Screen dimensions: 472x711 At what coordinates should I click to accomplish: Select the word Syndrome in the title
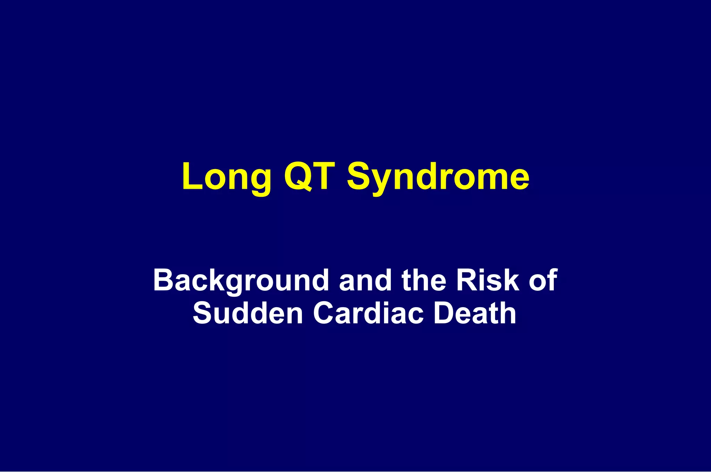click(x=438, y=177)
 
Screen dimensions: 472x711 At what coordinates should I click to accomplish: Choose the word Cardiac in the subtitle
click(x=368, y=313)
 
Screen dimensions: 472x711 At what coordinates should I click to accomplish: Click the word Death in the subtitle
click(x=475, y=313)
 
